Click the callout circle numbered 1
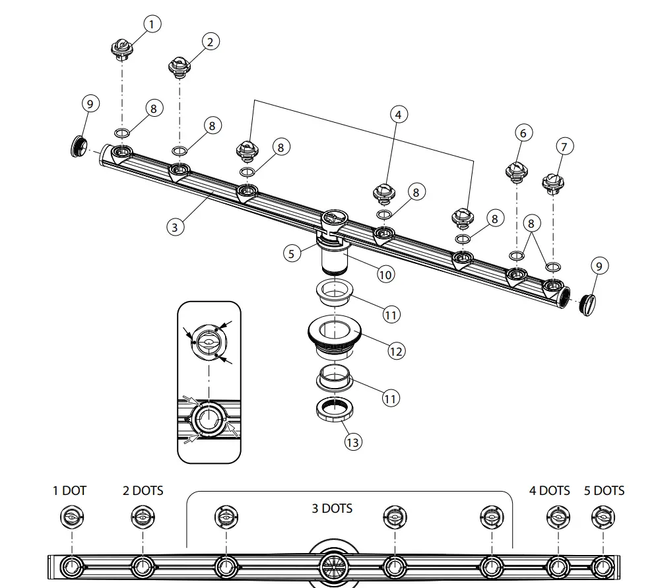(x=152, y=25)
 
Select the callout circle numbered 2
(x=209, y=42)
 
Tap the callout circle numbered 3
(x=174, y=227)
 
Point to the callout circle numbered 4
(x=397, y=114)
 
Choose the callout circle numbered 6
(x=523, y=133)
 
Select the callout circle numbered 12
(x=396, y=351)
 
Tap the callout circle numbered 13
(x=353, y=441)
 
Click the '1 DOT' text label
(x=70, y=491)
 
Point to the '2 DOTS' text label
(x=143, y=491)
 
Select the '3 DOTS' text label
(x=332, y=508)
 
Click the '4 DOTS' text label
(x=549, y=491)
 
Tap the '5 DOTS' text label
(x=604, y=491)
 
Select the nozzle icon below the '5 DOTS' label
(x=603, y=517)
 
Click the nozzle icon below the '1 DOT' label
(x=71, y=517)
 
